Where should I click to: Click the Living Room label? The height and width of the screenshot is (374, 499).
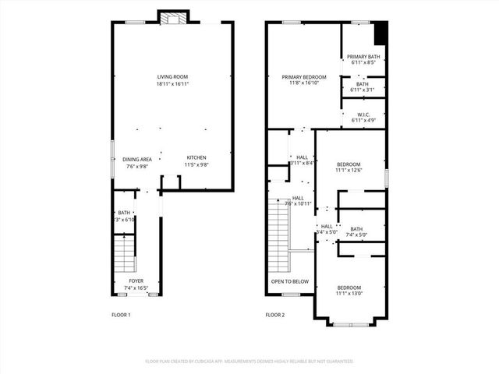click(x=173, y=76)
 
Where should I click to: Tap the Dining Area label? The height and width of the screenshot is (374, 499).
click(x=136, y=159)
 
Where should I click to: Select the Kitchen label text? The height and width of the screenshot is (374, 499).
click(x=196, y=158)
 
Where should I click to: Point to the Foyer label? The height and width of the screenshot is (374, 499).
click(x=136, y=281)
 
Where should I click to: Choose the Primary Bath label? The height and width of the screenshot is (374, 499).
click(x=363, y=56)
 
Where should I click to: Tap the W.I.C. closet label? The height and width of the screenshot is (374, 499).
click(x=363, y=114)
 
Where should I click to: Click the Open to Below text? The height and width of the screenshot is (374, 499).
click(x=289, y=281)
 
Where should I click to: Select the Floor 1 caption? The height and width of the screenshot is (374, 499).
click(x=121, y=315)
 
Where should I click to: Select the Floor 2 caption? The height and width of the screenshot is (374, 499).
click(x=275, y=315)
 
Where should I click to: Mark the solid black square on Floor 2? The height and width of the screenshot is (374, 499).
click(x=380, y=34)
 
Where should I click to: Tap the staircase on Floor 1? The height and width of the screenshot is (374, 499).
click(x=125, y=253)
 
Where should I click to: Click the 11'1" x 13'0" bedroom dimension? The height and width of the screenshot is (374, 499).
click(x=349, y=294)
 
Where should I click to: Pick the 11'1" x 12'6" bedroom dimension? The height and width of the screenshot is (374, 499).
click(x=349, y=170)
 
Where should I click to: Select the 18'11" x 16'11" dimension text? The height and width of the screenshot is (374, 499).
click(x=173, y=83)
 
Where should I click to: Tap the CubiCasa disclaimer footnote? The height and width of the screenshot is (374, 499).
click(x=249, y=362)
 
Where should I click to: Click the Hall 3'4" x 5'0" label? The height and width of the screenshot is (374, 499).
click(x=326, y=229)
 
